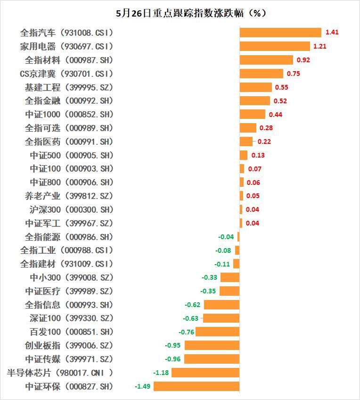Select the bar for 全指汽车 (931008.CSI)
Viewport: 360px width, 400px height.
click(x=280, y=33)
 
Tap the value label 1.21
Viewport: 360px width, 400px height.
click(x=320, y=46)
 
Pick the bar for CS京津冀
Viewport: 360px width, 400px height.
click(x=262, y=74)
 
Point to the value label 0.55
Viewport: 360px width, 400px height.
click(x=282, y=87)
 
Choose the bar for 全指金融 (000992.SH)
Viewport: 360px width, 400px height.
click(x=255, y=101)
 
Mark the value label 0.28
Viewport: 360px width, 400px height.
click(x=266, y=128)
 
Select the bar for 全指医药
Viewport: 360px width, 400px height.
click(x=246, y=142)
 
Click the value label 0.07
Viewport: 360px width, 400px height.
click(x=254, y=169)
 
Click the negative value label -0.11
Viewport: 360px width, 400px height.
click(x=222, y=264)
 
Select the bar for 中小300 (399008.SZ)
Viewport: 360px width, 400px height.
click(x=230, y=277)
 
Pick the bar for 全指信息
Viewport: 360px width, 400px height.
click(x=222, y=305)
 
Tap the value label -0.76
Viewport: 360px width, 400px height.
click(x=187, y=332)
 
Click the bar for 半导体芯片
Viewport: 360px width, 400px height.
click(x=205, y=373)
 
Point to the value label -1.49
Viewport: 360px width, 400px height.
click(x=143, y=386)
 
